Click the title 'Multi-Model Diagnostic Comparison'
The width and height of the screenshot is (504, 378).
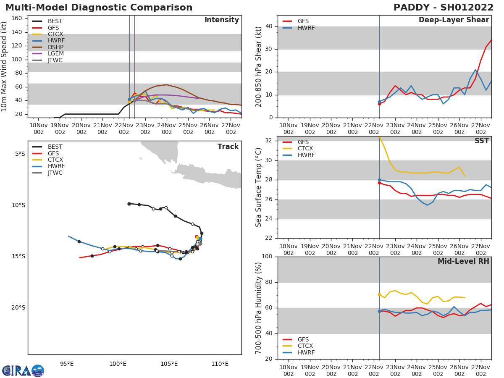pyautogui.click(x=99, y=8)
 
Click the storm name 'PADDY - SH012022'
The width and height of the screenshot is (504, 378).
pyautogui.click(x=444, y=8)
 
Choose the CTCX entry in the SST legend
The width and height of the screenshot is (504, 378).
pyautogui.click(x=305, y=149)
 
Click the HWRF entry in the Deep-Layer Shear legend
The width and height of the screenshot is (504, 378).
pyautogui.click(x=305, y=28)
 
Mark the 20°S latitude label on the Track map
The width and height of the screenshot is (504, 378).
pyautogui.click(x=18, y=308)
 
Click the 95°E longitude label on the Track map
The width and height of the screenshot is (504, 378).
pyautogui.click(x=67, y=364)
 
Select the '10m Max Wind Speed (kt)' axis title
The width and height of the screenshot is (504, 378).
pyautogui.click(x=5, y=66)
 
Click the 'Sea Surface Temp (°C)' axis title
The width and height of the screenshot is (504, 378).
pyautogui.click(x=259, y=187)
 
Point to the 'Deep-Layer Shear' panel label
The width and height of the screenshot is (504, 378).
pyautogui.click(x=454, y=20)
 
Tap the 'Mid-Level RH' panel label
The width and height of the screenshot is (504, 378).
pyautogui.click(x=463, y=262)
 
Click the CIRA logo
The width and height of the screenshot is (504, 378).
pyautogui.click(x=23, y=371)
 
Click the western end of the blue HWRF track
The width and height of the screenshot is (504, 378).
pyautogui.click(x=68, y=236)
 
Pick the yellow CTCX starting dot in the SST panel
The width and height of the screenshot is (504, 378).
pyautogui.click(x=379, y=137)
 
